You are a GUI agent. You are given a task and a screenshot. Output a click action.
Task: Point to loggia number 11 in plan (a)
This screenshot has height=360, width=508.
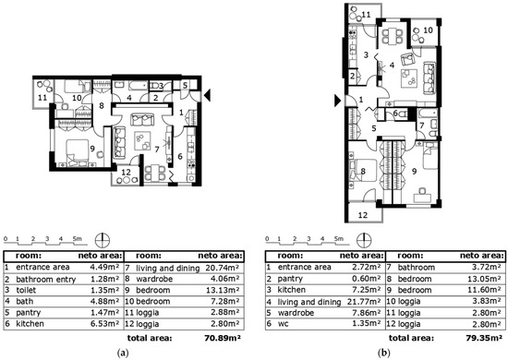[42, 96]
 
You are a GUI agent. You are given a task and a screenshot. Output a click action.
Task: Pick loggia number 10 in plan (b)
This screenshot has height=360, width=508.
[428, 30]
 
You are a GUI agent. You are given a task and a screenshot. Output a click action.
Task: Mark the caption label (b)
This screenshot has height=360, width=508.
[382, 352]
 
